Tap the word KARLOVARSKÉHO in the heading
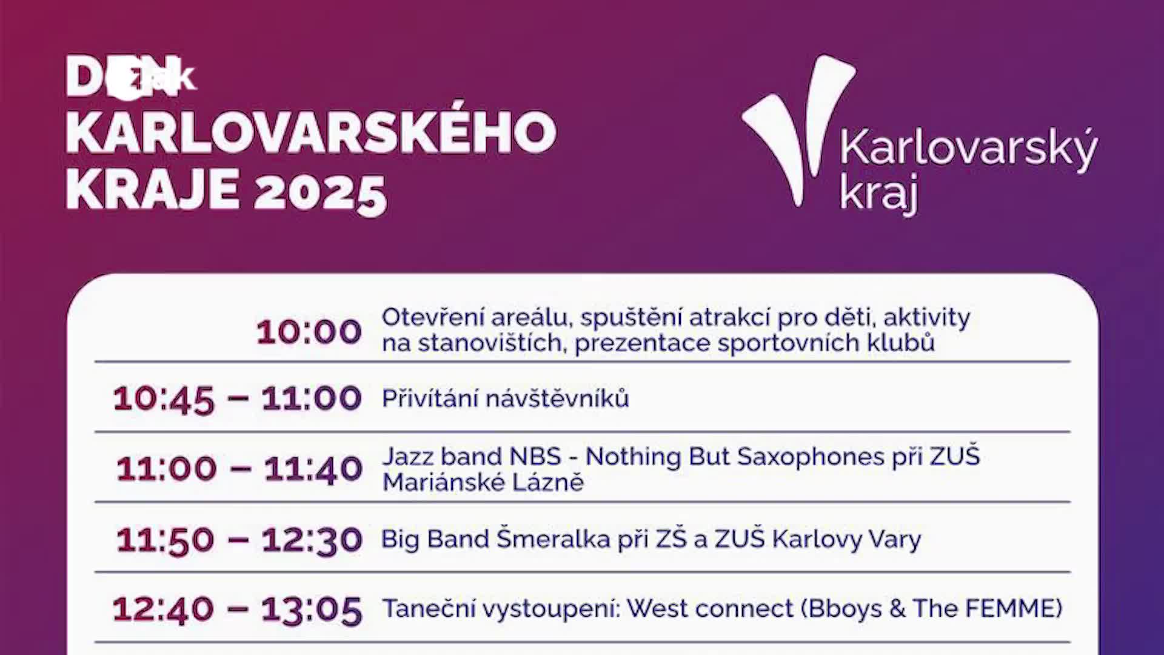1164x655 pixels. [x=310, y=132]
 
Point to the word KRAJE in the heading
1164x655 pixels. [x=152, y=190]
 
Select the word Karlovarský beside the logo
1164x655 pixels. [x=969, y=149]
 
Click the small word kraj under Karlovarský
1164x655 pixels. [x=879, y=194]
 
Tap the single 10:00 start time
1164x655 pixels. [x=309, y=332]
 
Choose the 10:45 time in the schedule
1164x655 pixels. [x=164, y=399]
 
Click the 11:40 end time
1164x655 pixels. [x=313, y=469]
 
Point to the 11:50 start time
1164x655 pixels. [x=165, y=540]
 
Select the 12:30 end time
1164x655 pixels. [x=312, y=540]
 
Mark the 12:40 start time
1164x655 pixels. [x=164, y=609]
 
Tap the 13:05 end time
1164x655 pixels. [x=312, y=609]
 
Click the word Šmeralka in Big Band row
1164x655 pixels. [x=553, y=539]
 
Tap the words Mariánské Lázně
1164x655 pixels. [x=483, y=482]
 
